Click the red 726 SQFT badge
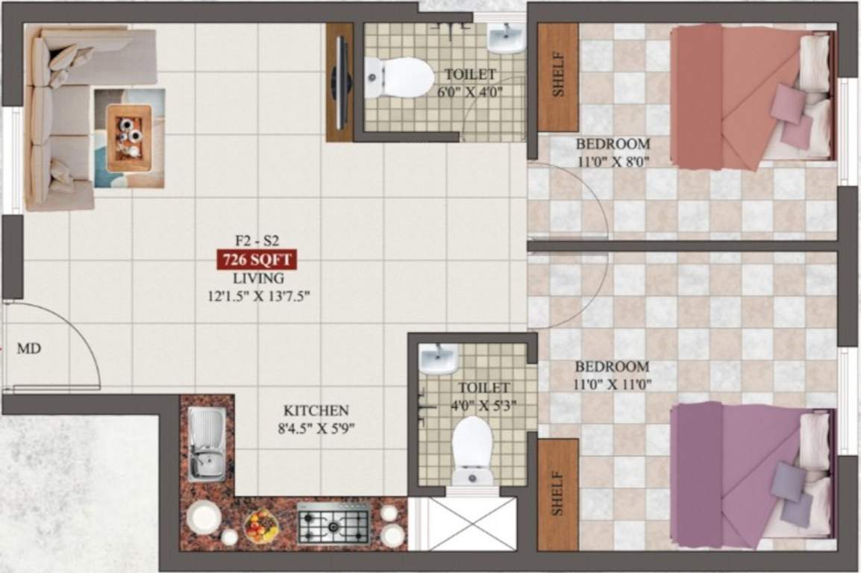pos(257,260)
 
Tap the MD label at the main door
pos(28,348)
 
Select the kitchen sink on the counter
pos(207,444)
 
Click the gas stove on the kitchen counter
pos(334,523)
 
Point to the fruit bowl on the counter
pos(261,526)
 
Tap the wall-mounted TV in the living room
pos(340,82)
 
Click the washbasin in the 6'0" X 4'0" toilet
pos(505,37)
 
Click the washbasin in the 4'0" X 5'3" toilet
pos(437,360)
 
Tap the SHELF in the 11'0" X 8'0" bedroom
pos(558,78)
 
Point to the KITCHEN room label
pos(316,411)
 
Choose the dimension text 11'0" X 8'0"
pos(614,160)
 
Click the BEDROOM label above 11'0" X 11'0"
pos(613,367)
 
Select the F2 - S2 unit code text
pos(257,241)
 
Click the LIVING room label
pos(257,278)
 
